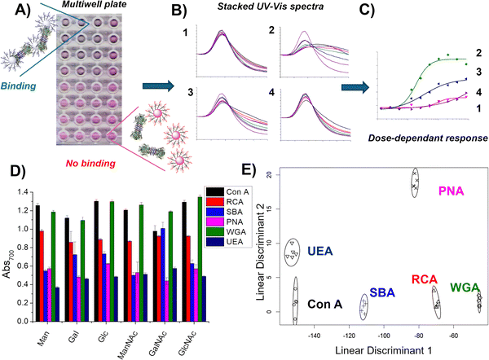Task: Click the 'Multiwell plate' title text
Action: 95,7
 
